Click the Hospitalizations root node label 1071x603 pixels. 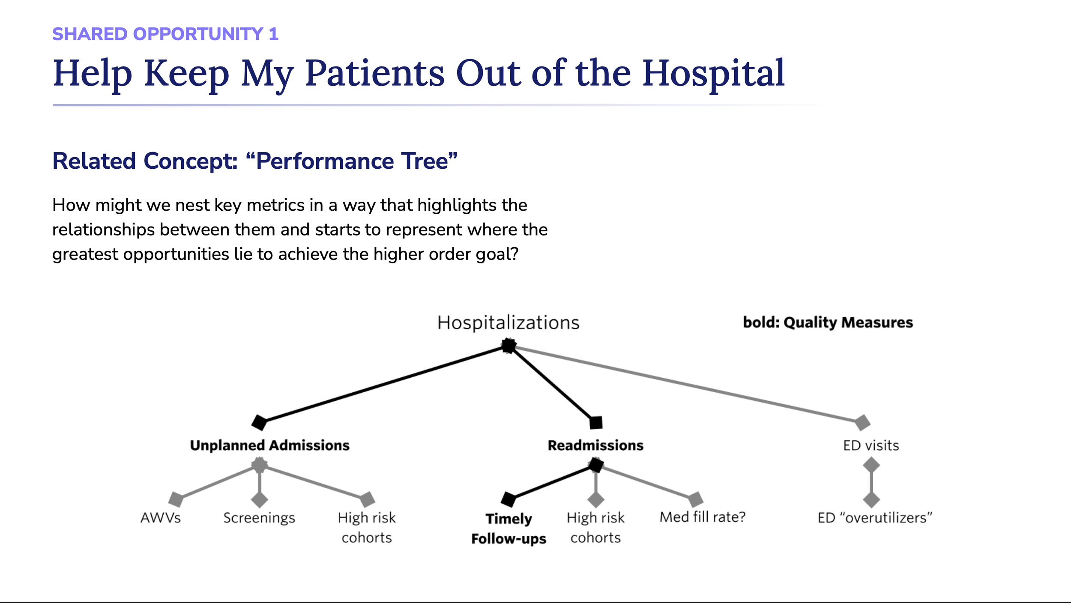click(508, 323)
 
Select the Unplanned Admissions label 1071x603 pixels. click(269, 445)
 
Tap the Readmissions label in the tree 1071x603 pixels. click(595, 445)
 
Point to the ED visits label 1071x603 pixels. click(871, 445)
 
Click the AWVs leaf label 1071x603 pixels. click(161, 518)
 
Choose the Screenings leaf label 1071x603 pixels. click(259, 518)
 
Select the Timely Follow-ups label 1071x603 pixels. click(509, 528)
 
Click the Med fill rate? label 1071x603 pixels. click(703, 517)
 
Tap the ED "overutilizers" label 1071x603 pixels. click(875, 518)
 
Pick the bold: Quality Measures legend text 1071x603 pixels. click(828, 322)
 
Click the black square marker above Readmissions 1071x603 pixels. click(596, 423)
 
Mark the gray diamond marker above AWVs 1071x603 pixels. click(176, 499)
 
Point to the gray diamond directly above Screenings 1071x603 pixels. click(260, 499)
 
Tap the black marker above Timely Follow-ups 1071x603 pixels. click(509, 499)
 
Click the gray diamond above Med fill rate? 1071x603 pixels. click(696, 499)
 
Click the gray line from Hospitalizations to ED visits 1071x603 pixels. click(685, 384)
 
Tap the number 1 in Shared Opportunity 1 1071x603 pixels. click(274, 34)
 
